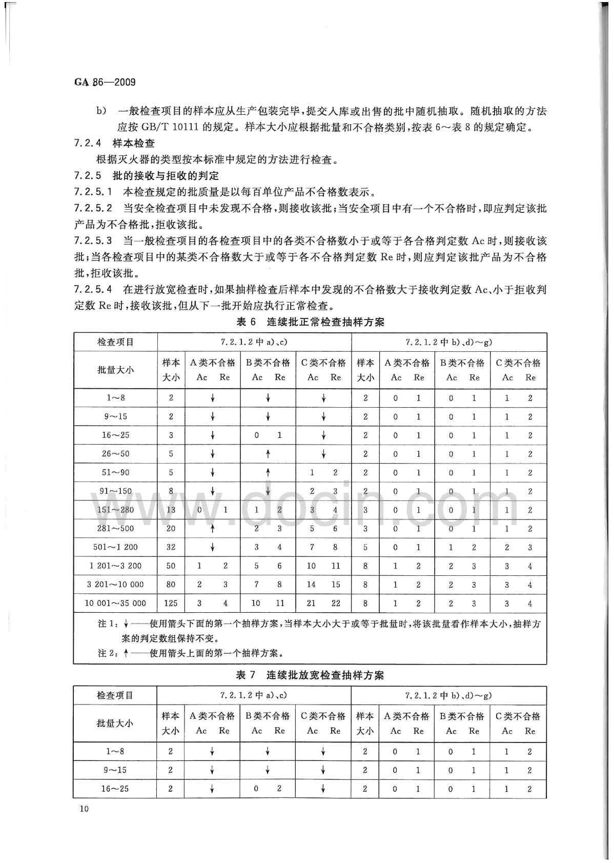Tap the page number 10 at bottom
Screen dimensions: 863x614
pyautogui.click(x=84, y=809)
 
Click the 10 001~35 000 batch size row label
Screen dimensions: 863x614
pyautogui.click(x=115, y=603)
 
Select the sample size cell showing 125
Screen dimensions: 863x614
pyautogui.click(x=171, y=603)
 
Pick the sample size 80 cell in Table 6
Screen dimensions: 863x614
pyautogui.click(x=171, y=584)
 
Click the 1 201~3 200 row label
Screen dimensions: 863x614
pyautogui.click(x=115, y=566)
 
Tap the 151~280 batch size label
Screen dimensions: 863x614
pyautogui.click(x=115, y=510)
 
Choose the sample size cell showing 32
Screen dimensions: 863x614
pyautogui.click(x=171, y=547)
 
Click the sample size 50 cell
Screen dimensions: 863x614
pyautogui.click(x=171, y=566)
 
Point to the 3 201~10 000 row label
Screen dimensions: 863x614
pyautogui.click(x=115, y=584)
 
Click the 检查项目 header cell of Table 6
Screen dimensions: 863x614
pyautogui.click(x=115, y=342)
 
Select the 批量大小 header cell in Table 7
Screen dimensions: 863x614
pyautogui.click(x=115, y=723)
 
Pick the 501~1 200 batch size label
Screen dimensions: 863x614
pyautogui.click(x=115, y=547)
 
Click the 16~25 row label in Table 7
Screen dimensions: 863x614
pyautogui.click(x=115, y=789)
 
